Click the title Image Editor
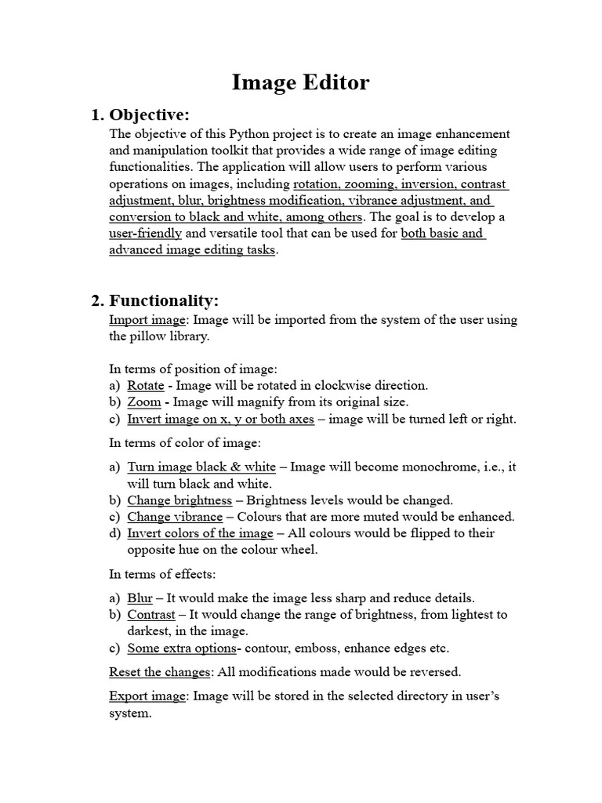[x=300, y=82]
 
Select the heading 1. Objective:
[x=141, y=116]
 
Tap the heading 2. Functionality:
[x=155, y=300]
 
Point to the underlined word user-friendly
[x=145, y=234]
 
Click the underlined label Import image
[x=147, y=320]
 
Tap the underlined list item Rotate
[x=146, y=385]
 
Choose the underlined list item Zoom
[x=144, y=401]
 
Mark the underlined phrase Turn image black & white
[x=201, y=467]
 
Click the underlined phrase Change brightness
[x=180, y=500]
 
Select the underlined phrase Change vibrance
[x=175, y=517]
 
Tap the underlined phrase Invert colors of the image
[x=200, y=533]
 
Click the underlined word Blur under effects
[x=140, y=598]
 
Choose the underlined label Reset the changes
[x=160, y=672]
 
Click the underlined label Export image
[x=147, y=696]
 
